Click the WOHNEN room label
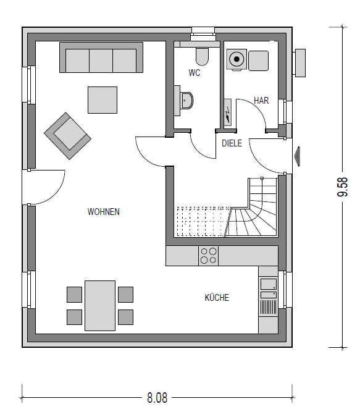[103, 212]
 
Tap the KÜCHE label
[217, 297]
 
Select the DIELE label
[232, 143]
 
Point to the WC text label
[195, 73]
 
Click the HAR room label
[261, 101]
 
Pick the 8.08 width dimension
[157, 398]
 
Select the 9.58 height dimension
[343, 187]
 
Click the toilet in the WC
[202, 56]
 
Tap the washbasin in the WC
[186, 101]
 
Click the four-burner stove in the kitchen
[209, 256]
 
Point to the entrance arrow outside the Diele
[297, 156]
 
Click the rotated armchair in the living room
[67, 136]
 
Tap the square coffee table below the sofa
[103, 100]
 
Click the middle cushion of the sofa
[101, 61]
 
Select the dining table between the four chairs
[100, 306]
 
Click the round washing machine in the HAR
[237, 59]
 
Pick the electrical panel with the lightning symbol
[228, 112]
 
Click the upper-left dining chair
[75, 295]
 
